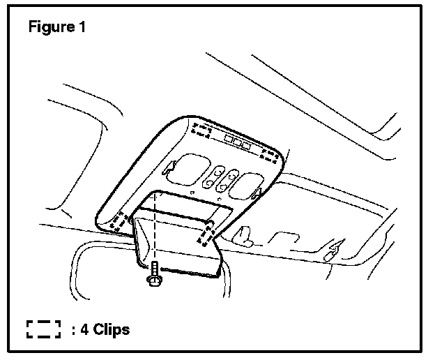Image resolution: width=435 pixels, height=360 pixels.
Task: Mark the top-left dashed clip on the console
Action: (204, 130)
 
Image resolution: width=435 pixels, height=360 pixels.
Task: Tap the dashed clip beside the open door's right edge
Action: (206, 235)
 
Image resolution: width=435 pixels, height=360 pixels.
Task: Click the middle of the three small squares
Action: (237, 142)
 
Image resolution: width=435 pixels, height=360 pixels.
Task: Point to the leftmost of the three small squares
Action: (229, 139)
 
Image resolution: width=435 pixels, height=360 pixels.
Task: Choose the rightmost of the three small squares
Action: (246, 144)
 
